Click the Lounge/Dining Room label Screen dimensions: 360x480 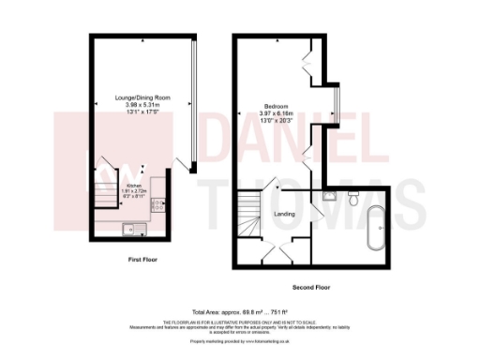tap(141, 97)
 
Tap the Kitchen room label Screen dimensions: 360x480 tap(133, 187)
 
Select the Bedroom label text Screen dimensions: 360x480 tap(276, 106)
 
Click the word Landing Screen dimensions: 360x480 tap(284, 215)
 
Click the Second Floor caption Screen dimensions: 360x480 tap(309, 286)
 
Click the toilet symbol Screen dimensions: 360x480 tap(352, 199)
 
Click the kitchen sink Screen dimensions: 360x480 tap(132, 227)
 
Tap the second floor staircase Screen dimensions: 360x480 tap(249, 212)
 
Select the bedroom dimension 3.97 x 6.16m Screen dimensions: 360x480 tap(276, 113)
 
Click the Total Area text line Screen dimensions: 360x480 tap(239, 311)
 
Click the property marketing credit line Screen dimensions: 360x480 tap(238, 341)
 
